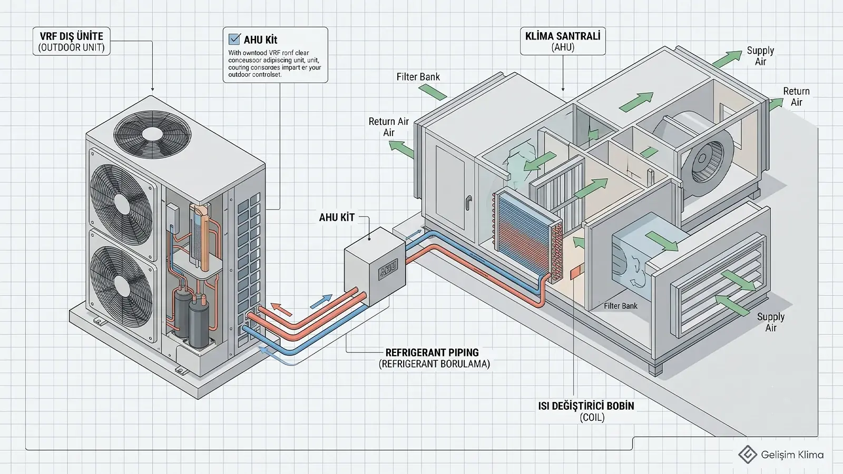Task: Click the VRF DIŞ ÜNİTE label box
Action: click(x=72, y=42)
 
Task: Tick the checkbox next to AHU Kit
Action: click(x=234, y=39)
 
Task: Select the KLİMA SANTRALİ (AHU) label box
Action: click(x=563, y=42)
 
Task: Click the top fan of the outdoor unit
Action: click(x=152, y=132)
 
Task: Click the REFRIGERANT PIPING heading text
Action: click(x=432, y=352)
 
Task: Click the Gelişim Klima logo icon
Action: click(x=748, y=455)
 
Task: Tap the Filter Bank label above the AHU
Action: click(x=418, y=77)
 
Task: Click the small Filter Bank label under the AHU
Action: click(x=621, y=306)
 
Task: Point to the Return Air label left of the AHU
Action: click(x=388, y=127)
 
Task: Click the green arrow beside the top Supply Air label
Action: click(x=727, y=59)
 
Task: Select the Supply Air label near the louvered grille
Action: click(x=771, y=322)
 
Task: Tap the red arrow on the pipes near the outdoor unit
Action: click(x=281, y=309)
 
